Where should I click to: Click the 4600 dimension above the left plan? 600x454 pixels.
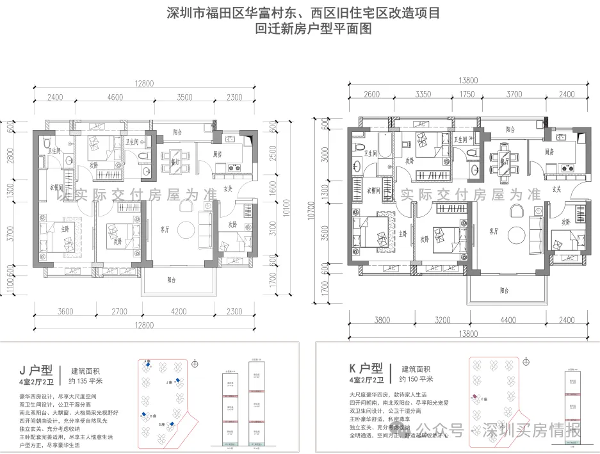[115, 97]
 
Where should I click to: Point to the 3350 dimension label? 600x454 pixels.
[423, 94]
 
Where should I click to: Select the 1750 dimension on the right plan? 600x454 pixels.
[467, 94]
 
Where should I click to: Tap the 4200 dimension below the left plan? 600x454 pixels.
[178, 312]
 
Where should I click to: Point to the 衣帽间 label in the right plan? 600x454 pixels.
[374, 190]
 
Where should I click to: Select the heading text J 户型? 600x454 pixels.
[38, 369]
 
